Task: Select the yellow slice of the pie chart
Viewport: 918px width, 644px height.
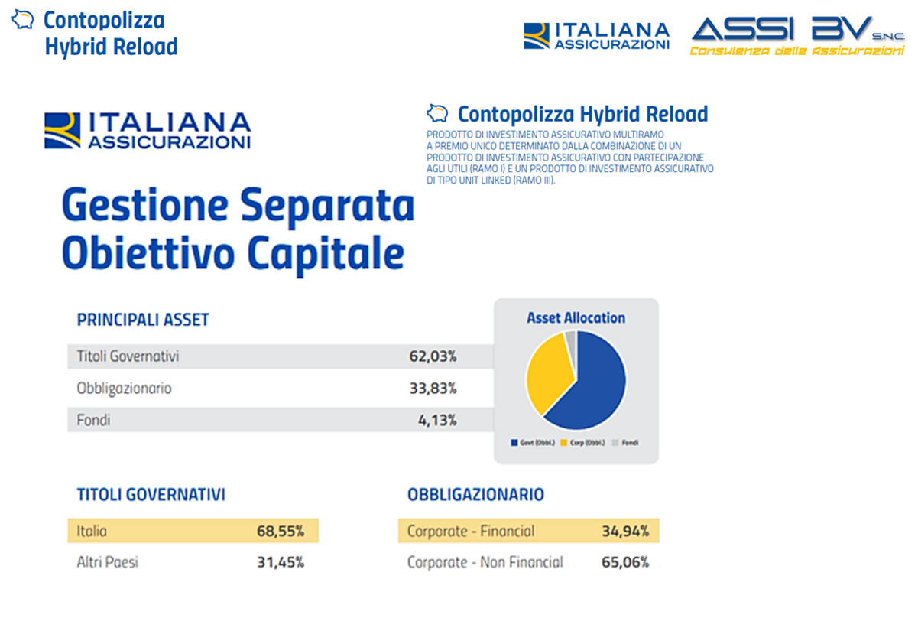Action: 545,371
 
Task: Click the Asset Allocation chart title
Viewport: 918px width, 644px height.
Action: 576,318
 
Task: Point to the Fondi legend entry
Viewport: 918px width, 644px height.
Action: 625,443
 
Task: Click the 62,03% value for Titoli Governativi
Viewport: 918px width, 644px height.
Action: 433,356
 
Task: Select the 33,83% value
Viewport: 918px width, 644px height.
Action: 433,389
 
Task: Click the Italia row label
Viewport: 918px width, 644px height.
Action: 92,531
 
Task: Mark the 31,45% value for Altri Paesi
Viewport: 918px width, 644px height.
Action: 280,563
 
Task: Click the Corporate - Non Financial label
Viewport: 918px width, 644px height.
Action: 485,563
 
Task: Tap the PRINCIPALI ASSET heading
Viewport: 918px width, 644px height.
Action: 143,320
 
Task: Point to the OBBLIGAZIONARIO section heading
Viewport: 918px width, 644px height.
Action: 475,495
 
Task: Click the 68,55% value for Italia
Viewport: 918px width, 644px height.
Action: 280,531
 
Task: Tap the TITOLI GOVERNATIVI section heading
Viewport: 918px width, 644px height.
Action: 151,495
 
